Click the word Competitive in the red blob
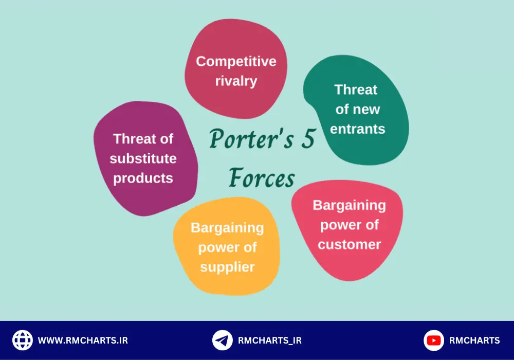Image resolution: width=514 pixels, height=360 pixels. tap(236, 62)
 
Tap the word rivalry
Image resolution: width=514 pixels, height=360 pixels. tap(236, 81)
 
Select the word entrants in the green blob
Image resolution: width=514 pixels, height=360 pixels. tap(357, 129)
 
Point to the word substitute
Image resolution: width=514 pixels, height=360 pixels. tap(143, 159)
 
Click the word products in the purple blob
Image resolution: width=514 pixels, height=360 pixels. tap(143, 178)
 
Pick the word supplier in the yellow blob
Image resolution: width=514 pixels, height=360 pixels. tap(228, 267)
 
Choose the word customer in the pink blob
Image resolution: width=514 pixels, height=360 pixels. tap(350, 245)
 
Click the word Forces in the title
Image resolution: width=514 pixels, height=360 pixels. tap(262, 178)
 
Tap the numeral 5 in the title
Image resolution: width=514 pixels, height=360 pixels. tap(308, 138)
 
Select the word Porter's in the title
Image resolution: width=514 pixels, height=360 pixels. tap(251, 139)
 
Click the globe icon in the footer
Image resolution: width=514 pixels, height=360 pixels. tap(22, 340)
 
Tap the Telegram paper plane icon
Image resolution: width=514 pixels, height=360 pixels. tap(222, 340)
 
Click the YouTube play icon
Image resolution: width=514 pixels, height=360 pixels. tap(434, 340)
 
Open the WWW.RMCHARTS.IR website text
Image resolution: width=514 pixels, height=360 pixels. tap(83, 340)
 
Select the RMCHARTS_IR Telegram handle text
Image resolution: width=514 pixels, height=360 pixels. tap(270, 340)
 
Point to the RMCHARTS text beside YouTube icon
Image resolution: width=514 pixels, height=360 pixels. tap(474, 340)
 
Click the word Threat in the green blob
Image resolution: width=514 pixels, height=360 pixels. tap(356, 89)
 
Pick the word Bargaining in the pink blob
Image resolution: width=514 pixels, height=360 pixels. tap(349, 206)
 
